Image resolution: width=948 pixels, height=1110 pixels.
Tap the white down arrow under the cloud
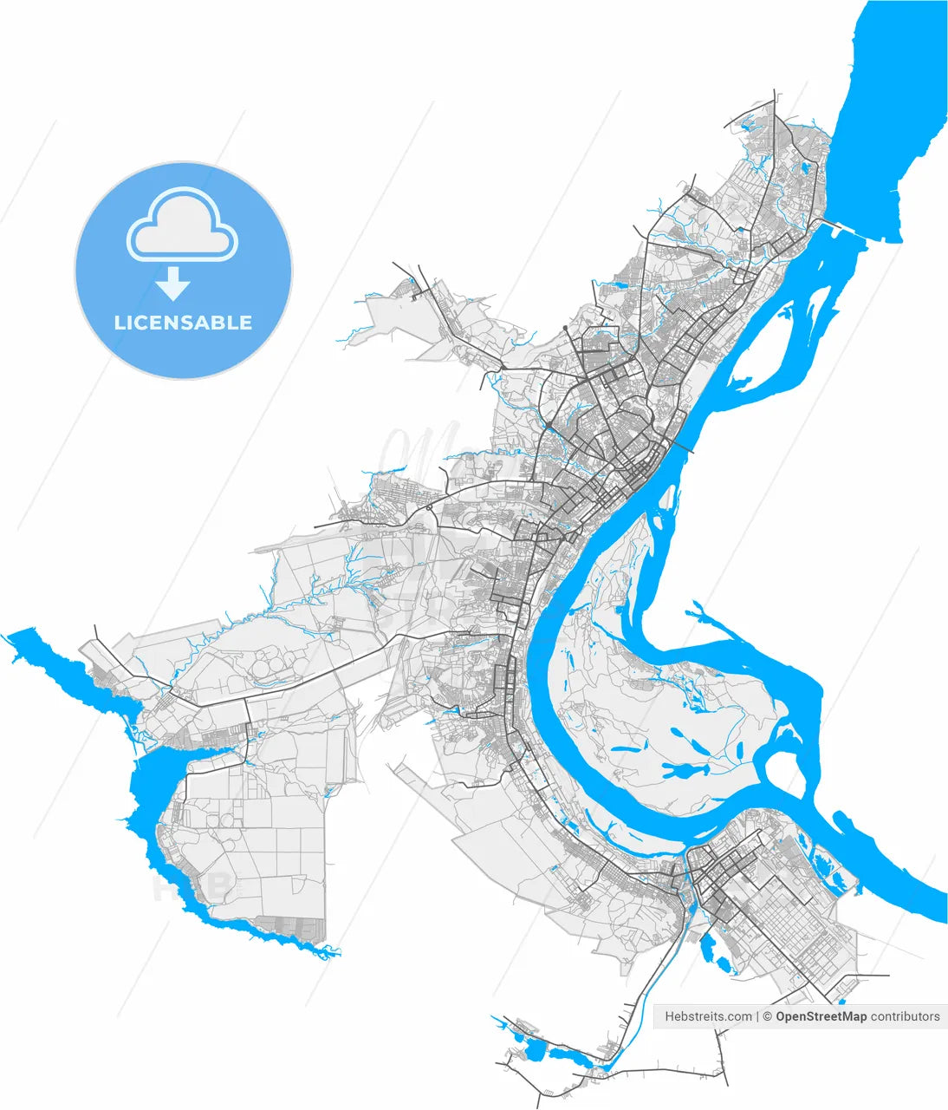[x=174, y=283]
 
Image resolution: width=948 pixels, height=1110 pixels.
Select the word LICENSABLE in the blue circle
[x=183, y=323]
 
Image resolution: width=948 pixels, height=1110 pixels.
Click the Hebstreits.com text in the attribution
[x=708, y=1016]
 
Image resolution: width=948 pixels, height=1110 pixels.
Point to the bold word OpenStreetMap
[x=821, y=1016]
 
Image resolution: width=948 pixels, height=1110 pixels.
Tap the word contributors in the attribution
[x=905, y=1016]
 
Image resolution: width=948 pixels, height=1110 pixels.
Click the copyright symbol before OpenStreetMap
[x=767, y=1016]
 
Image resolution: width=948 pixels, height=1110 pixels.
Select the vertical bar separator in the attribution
[x=757, y=1016]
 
